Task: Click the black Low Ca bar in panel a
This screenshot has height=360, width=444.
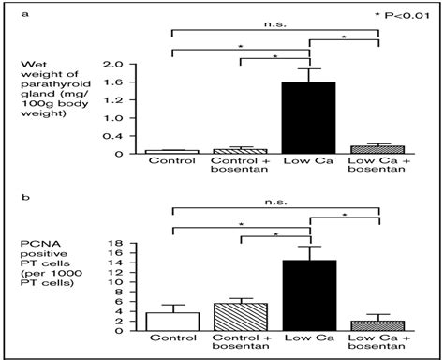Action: [x=310, y=117]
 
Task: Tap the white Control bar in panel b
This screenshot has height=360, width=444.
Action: [x=172, y=322]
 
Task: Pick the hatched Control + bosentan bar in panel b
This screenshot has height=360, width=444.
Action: [x=242, y=317]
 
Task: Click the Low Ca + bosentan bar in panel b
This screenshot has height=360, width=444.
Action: [x=379, y=326]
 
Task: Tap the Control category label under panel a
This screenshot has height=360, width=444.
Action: [x=172, y=160]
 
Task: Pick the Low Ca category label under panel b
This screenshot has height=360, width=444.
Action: [x=310, y=340]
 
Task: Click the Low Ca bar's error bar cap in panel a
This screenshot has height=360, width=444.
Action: [x=310, y=68]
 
